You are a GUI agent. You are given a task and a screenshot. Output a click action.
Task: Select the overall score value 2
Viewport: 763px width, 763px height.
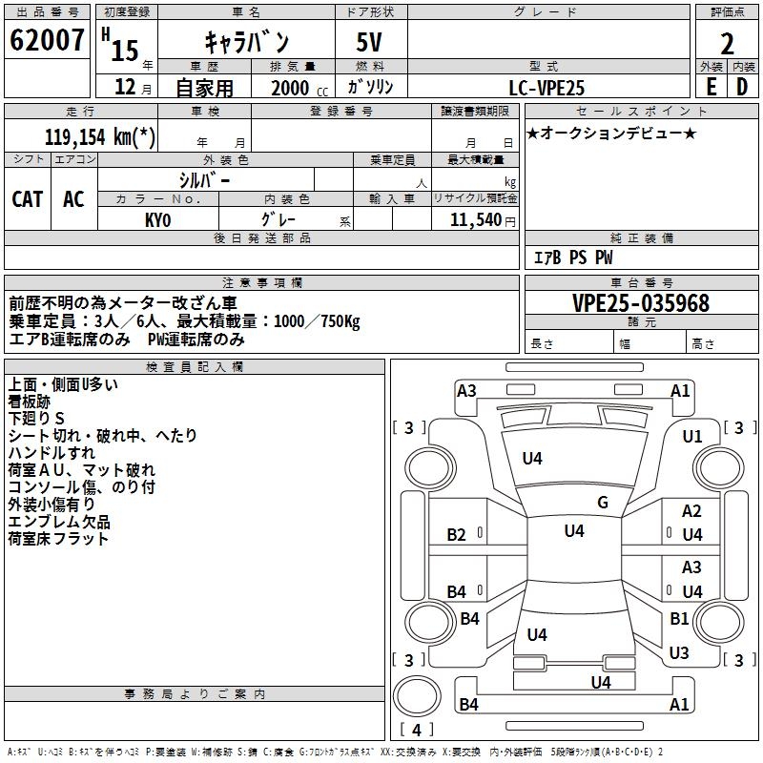pos(727,44)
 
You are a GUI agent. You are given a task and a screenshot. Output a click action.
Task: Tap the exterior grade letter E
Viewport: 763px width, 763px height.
pos(711,86)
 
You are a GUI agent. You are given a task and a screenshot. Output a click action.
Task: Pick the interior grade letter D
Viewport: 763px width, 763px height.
pos(742,86)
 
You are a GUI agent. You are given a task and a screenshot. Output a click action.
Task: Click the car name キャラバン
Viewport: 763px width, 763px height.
pos(247,42)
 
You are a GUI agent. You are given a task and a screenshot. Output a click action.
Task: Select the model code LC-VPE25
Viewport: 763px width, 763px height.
pos(546,87)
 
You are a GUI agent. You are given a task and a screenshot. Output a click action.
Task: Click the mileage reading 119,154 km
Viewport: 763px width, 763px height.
pos(100,136)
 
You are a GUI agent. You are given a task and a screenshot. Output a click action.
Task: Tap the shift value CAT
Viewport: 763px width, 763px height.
pos(27,198)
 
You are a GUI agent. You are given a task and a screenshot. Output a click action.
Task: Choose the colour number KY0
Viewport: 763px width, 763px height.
pos(157,219)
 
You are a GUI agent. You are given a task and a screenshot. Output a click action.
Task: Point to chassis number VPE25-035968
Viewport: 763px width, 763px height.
pos(641,303)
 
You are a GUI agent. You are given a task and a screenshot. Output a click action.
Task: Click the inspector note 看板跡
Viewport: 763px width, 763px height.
pos(32,402)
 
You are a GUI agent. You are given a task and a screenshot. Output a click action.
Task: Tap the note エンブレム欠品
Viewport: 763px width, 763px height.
pos(59,522)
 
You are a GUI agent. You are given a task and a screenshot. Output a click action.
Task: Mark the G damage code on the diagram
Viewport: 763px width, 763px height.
pos(602,503)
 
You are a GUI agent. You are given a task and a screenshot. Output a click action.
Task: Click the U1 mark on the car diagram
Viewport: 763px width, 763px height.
pos(692,436)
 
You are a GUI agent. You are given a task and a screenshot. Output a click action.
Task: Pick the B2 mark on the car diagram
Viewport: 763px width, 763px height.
pos(457,534)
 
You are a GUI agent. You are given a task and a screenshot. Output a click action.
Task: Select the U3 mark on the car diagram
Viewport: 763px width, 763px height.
pos(679,653)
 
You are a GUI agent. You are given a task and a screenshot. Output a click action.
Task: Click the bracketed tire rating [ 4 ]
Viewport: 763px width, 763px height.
pos(417,731)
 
